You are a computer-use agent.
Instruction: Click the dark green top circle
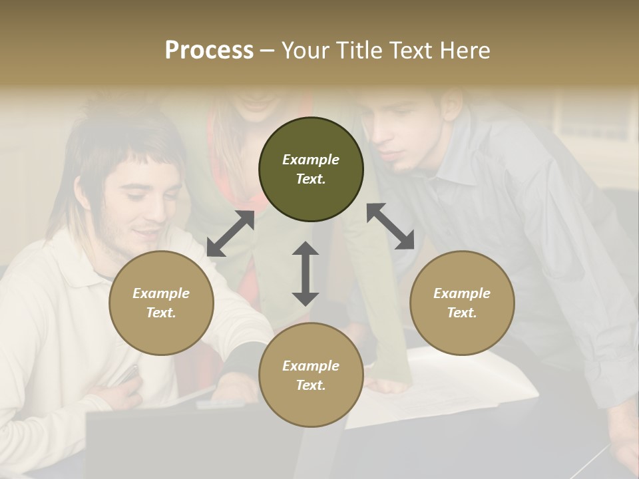point(311,169)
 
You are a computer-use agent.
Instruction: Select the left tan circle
point(161,303)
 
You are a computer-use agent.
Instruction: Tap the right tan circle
point(462,303)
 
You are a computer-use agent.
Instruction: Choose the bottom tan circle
point(311,375)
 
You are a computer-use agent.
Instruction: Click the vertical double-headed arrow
point(306,273)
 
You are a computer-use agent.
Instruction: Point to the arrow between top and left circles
point(230,234)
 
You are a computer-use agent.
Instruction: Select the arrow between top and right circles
point(391,226)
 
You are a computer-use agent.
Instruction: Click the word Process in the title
point(209,50)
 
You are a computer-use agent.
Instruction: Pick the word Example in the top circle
point(311,160)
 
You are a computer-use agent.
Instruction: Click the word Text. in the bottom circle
point(311,385)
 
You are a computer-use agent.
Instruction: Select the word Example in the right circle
point(462,293)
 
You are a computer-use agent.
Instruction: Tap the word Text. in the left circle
point(161,313)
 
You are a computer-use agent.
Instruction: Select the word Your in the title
point(304,50)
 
